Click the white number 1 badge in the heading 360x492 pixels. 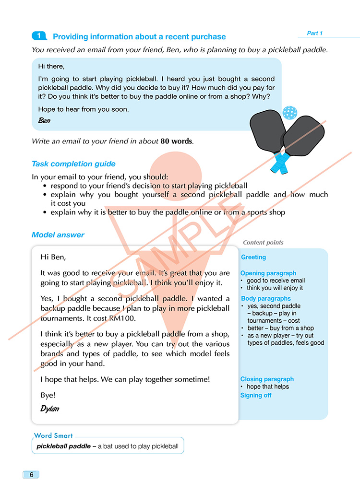pyautogui.click(x=39, y=36)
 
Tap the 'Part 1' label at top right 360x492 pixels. pyautogui.click(x=315, y=33)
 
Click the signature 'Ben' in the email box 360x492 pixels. pyautogui.click(x=44, y=120)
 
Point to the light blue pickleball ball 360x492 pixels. pyautogui.click(x=290, y=113)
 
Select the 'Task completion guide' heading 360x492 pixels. pyautogui.click(x=73, y=164)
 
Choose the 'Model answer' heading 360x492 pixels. pyautogui.click(x=58, y=235)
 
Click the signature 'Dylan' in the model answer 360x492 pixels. pyautogui.click(x=50, y=409)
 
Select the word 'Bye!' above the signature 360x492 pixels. pyautogui.click(x=48, y=396)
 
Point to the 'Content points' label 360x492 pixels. pyautogui.click(x=263, y=243)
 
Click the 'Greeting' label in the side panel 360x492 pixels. pyautogui.click(x=253, y=258)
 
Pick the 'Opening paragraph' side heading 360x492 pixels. pyautogui.click(x=268, y=273)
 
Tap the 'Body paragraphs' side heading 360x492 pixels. pyautogui.click(x=266, y=299)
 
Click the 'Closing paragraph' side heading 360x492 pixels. pyautogui.click(x=267, y=379)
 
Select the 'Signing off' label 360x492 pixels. pyautogui.click(x=256, y=396)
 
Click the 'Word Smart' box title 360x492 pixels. pyautogui.click(x=53, y=436)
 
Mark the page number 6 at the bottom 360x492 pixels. pyautogui.click(x=31, y=475)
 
